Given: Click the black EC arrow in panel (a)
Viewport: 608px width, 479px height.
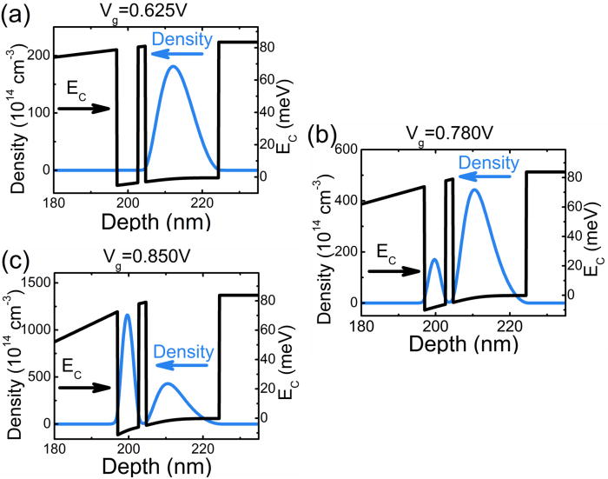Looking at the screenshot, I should point(83,108).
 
